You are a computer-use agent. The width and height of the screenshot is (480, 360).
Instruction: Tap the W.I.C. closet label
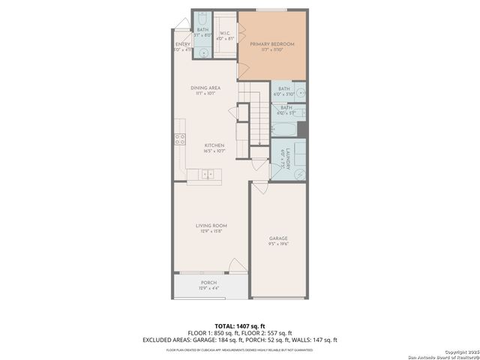[x=225, y=36]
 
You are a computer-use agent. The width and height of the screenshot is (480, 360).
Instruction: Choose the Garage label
[x=277, y=241]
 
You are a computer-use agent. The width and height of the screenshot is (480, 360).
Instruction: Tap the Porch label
[x=208, y=285]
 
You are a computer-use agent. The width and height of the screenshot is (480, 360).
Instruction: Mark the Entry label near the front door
[x=183, y=46]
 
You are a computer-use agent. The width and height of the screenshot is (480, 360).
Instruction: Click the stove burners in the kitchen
[x=180, y=138]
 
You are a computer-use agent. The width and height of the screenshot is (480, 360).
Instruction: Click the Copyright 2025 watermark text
[x=457, y=351]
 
